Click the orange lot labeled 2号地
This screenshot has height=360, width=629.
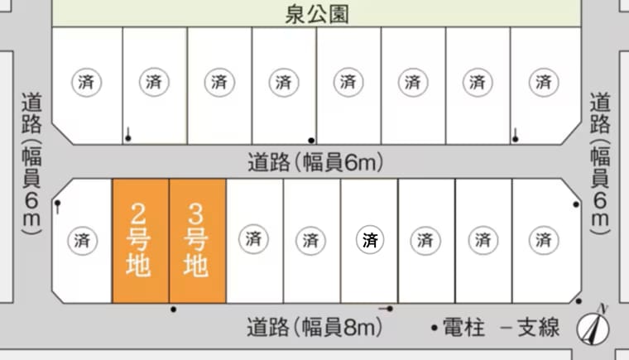click(141, 241)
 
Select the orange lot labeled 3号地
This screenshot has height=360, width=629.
click(197, 241)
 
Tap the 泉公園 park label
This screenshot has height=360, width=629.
click(317, 14)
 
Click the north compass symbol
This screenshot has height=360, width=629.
click(593, 325)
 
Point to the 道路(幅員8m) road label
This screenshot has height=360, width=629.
click(314, 327)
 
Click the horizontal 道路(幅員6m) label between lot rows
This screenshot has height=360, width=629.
click(315, 162)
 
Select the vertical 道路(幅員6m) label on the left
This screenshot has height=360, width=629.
click(31, 164)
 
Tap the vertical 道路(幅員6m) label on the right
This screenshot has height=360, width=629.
click(600, 164)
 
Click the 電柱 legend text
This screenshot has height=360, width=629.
click(463, 327)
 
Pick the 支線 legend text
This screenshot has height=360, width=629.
click(538, 327)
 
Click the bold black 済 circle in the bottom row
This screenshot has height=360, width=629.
click(370, 240)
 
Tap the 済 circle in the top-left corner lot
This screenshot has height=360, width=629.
click(87, 82)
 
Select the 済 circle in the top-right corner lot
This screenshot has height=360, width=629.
click(544, 82)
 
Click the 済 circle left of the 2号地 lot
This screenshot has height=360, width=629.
click(82, 240)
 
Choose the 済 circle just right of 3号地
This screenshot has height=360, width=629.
click(253, 239)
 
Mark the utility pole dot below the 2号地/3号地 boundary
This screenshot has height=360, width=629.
click(173, 310)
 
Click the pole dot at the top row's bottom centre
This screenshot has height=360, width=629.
click(311, 141)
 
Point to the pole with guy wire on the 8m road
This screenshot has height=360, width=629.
click(387, 309)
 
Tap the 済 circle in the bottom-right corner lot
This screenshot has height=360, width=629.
click(544, 240)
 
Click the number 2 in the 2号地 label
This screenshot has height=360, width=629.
click(138, 214)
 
